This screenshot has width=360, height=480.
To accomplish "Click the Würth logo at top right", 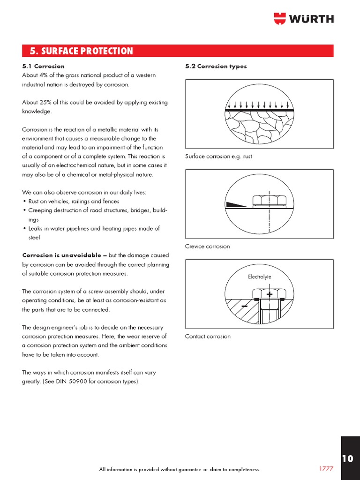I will [x=303, y=19].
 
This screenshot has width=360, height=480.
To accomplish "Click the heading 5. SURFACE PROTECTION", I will [x=81, y=51].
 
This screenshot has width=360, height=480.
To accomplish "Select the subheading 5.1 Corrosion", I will [x=43, y=66].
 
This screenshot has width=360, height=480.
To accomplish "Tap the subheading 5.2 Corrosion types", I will [x=216, y=66].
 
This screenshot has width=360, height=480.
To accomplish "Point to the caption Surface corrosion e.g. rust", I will [x=218, y=156].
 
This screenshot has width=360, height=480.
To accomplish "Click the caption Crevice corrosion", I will [x=208, y=246].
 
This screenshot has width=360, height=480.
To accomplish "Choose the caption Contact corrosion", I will [x=208, y=336].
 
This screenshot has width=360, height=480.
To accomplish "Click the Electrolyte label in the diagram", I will [x=259, y=277].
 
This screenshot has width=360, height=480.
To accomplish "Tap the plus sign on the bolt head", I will [x=270, y=294].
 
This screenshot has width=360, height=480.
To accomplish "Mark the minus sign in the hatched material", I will [x=245, y=306].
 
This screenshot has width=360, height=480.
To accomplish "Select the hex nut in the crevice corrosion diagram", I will [x=269, y=200].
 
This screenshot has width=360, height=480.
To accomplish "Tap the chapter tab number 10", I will [x=347, y=458].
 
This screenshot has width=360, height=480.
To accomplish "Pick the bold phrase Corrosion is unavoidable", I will [x=62, y=255].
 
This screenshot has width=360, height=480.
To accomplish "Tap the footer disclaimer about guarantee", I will [x=180, y=469].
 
